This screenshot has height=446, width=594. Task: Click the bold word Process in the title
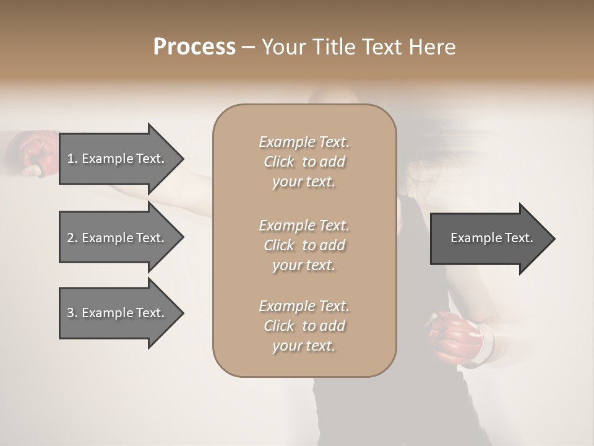point(194,47)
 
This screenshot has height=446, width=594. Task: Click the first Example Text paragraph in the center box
point(304,162)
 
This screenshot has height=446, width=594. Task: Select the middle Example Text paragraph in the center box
point(304,245)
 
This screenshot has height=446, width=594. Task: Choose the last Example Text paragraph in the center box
point(304,326)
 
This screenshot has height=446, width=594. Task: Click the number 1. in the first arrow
point(72,159)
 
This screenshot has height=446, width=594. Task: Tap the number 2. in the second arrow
point(72,238)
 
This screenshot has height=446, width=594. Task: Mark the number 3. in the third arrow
point(72,313)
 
